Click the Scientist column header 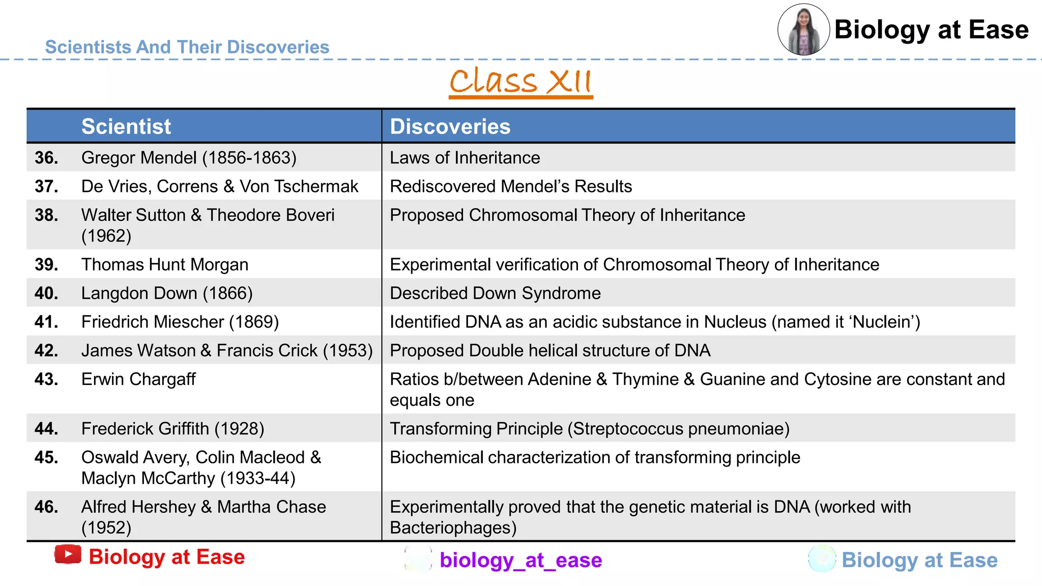[x=126, y=127]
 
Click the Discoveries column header [x=450, y=127]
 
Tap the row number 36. [x=46, y=158]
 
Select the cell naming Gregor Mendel [x=189, y=158]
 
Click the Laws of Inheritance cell [x=465, y=158]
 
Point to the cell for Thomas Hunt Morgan [x=165, y=265]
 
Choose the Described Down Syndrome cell [x=495, y=294]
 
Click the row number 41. [x=46, y=322]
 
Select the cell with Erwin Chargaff [x=138, y=379]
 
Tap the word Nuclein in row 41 [x=881, y=322]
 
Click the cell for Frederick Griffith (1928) [x=172, y=429]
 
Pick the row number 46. [x=46, y=507]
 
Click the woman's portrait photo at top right [x=803, y=30]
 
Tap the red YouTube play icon [x=68, y=554]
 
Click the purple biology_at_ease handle [x=520, y=560]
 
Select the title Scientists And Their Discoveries [x=187, y=47]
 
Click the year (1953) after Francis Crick [x=348, y=351]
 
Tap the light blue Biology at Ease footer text [x=919, y=560]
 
